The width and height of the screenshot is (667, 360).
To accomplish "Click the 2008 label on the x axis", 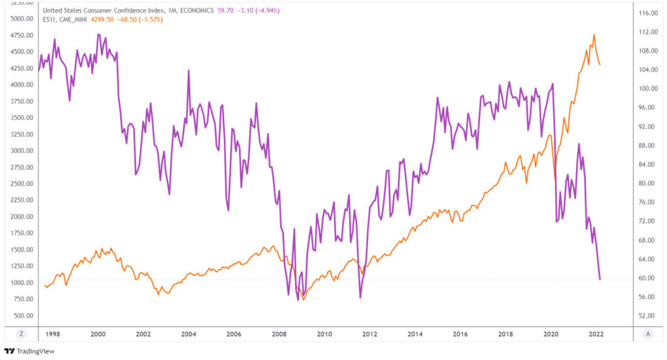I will pyautogui.click(x=279, y=334).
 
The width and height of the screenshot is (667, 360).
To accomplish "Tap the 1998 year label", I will pyautogui.click(x=53, y=334).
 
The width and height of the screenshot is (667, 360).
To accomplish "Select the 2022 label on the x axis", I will pyautogui.click(x=596, y=334).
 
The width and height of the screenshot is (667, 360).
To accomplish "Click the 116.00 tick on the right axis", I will pyautogui.click(x=646, y=13).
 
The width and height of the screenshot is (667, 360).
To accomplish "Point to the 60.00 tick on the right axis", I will pyautogui.click(x=646, y=278).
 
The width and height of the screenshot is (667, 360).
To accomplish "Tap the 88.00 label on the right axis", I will pyautogui.click(x=646, y=146).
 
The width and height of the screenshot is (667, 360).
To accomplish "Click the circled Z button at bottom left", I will pyautogui.click(x=21, y=334).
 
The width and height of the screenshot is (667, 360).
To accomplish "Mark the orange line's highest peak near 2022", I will pyautogui.click(x=593, y=35).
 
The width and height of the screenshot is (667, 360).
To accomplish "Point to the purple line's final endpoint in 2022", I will pyautogui.click(x=600, y=279).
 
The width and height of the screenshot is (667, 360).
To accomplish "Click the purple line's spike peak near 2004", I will pyautogui.click(x=189, y=70).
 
